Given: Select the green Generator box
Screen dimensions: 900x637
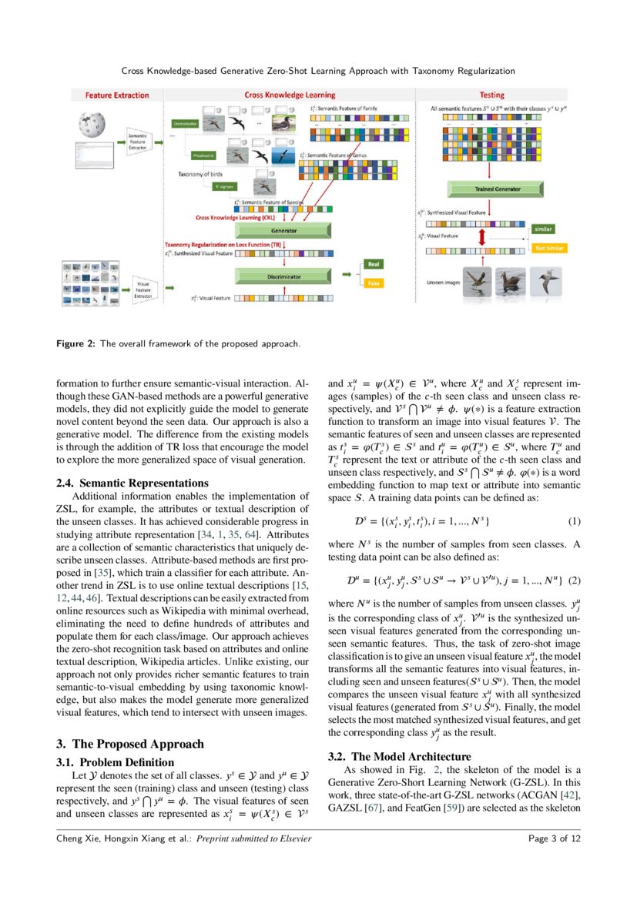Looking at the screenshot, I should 284,230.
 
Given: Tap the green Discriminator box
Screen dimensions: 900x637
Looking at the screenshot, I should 284,276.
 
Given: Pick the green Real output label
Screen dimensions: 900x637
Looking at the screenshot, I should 374,263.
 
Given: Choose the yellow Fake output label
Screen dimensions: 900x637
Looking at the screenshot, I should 374,283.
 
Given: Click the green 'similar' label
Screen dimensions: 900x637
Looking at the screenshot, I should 544,229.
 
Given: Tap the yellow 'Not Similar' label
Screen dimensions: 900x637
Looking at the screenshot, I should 549,248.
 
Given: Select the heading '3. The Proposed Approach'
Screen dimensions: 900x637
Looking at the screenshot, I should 130,744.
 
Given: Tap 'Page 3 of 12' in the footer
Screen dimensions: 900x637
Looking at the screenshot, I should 554,838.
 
